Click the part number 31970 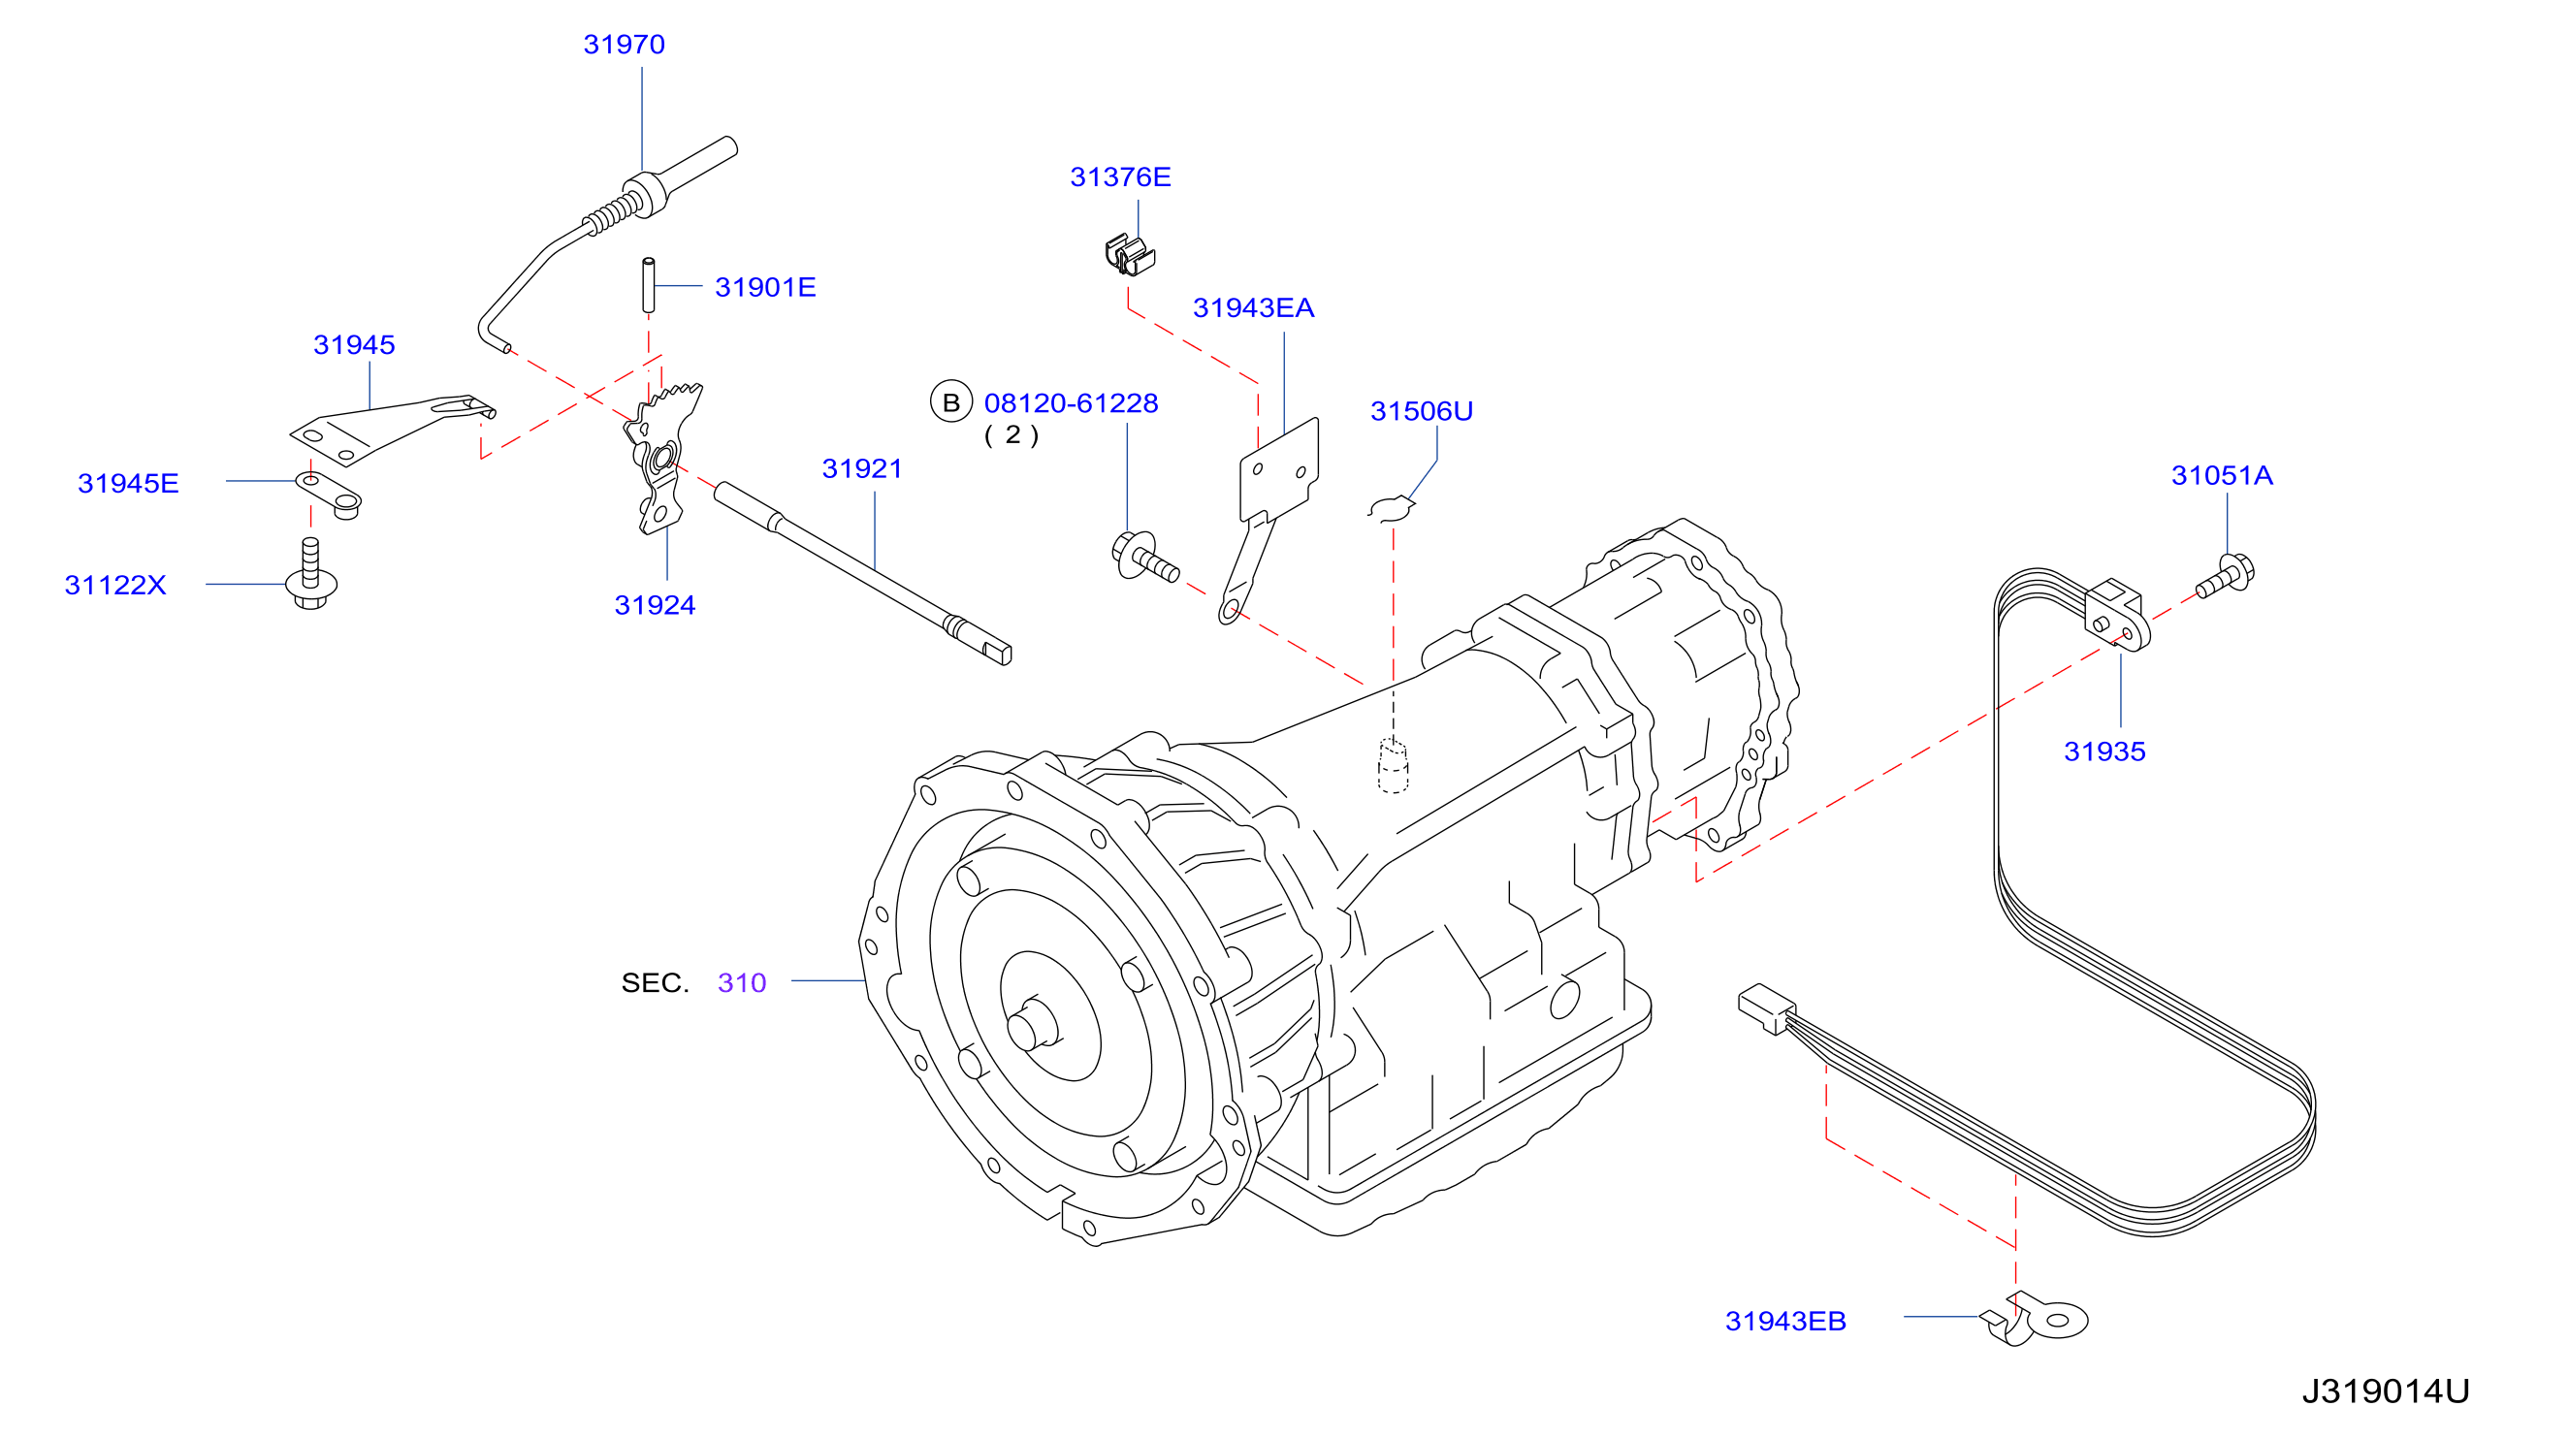click(624, 45)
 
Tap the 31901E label click(765, 287)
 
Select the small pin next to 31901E click(648, 284)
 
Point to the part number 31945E click(128, 484)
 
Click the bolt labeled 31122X click(310, 574)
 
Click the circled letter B click(950, 401)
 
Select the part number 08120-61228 click(1071, 402)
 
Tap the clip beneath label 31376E click(1129, 255)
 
